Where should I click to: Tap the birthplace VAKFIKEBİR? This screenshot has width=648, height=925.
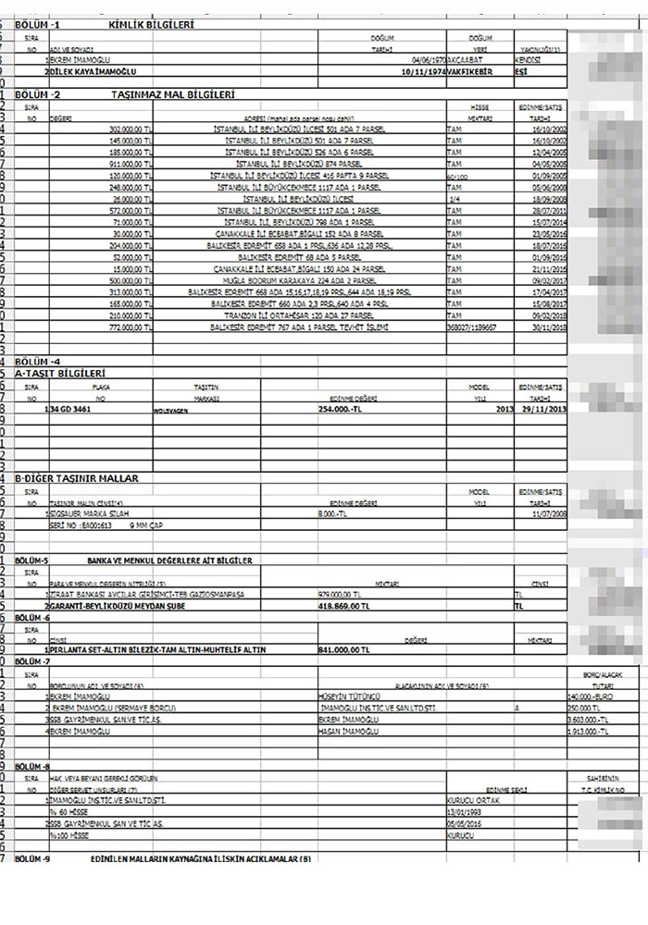click(x=467, y=69)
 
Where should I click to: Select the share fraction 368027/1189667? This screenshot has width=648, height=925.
click(x=471, y=327)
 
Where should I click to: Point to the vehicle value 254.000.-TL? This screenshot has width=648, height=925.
click(x=347, y=408)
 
